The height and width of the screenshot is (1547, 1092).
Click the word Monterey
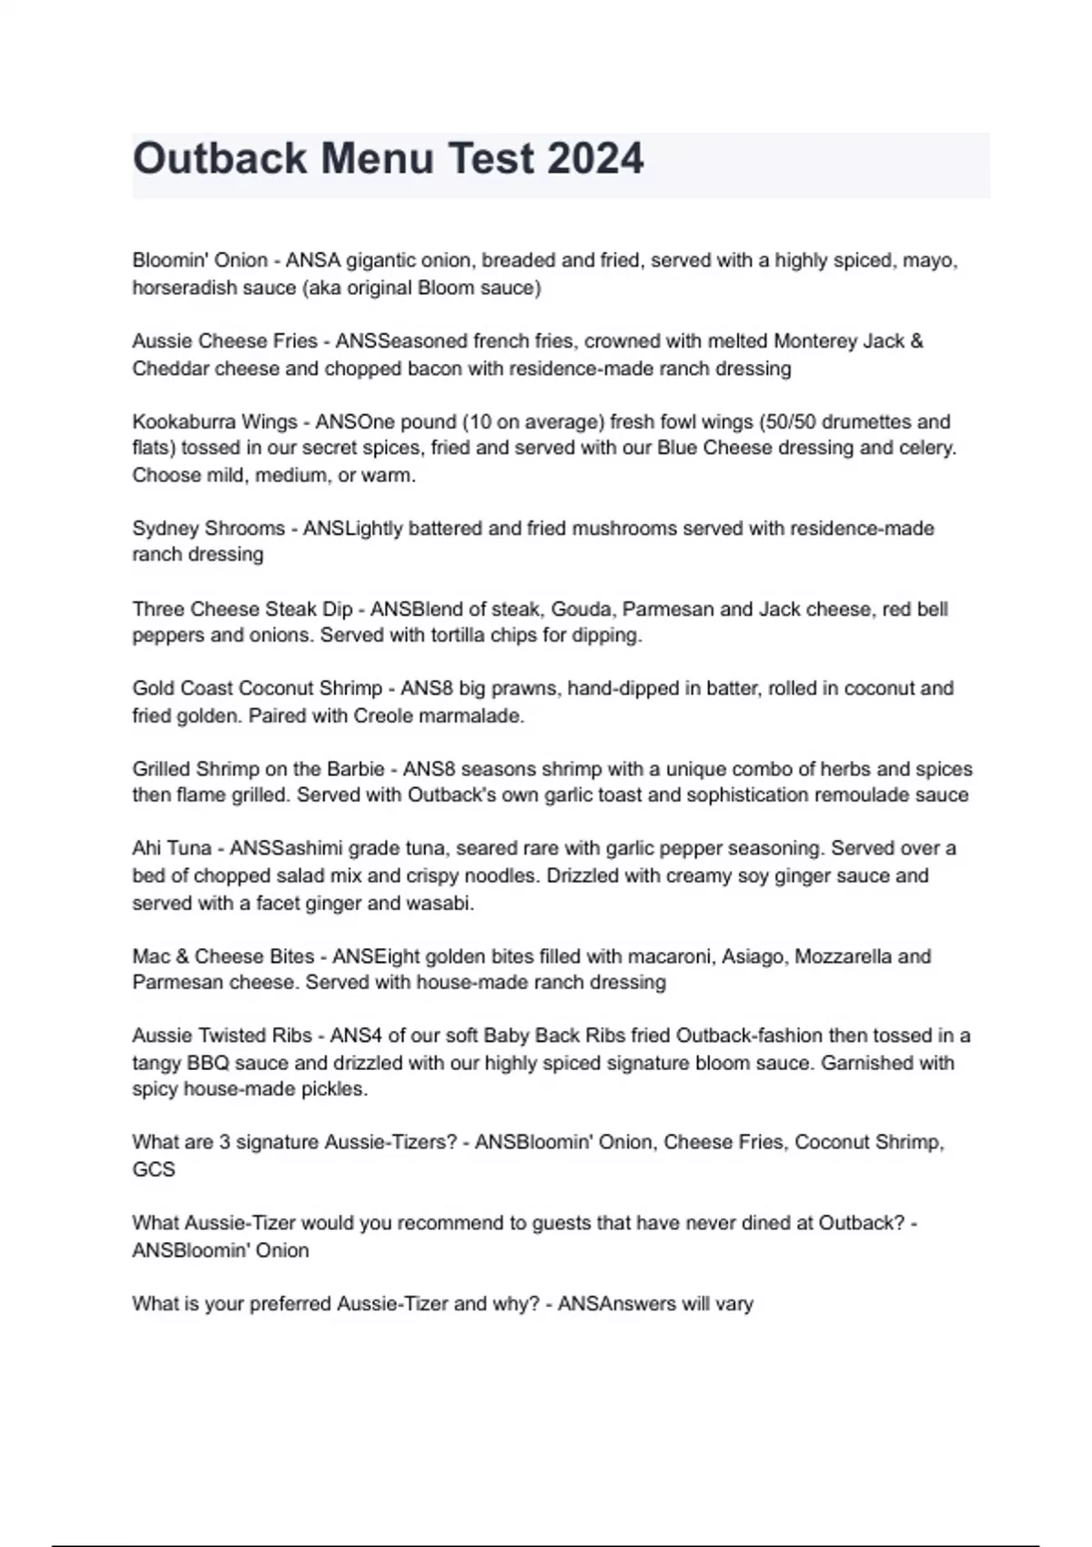click(814, 341)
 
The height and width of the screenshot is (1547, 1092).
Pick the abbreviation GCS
click(154, 1169)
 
